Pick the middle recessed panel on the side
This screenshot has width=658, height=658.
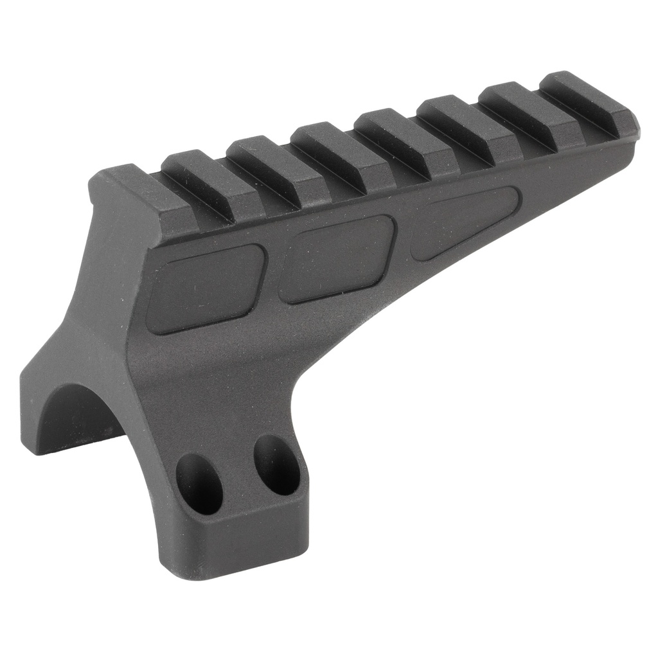click(x=337, y=258)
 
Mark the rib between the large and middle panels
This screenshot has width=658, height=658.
click(x=271, y=272)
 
